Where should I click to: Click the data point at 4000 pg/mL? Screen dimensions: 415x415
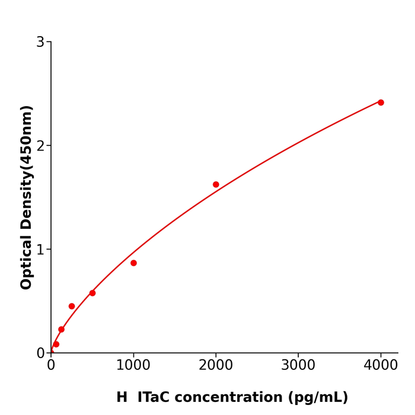(381, 103)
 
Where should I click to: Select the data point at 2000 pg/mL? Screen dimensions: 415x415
(216, 184)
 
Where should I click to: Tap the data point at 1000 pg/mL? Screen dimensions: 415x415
(133, 263)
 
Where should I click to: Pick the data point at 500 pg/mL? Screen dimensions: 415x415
(92, 293)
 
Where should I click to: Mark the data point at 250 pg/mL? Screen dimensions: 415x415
(72, 307)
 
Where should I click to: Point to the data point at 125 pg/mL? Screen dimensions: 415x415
(61, 330)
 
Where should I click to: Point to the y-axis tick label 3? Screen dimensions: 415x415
(40, 42)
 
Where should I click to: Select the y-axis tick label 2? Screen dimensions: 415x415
(40, 146)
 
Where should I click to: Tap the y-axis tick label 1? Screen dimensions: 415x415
(40, 250)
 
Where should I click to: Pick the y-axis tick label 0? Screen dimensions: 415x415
(40, 353)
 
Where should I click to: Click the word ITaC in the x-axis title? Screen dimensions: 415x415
(157, 398)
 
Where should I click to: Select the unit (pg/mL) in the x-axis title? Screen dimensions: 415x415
(319, 398)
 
